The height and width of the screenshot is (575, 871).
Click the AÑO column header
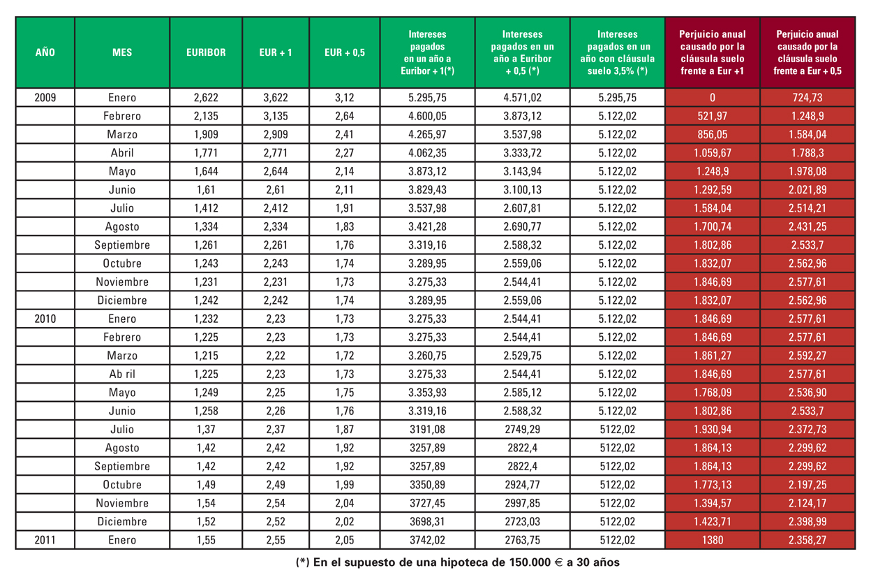point(45,52)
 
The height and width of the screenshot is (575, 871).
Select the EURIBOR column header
point(206,52)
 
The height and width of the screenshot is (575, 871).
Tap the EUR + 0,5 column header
point(345,52)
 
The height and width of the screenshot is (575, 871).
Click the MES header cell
point(122,52)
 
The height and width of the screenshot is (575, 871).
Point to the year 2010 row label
point(45,319)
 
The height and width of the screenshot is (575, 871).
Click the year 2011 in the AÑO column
point(45,539)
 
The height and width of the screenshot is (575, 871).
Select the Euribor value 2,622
point(206,98)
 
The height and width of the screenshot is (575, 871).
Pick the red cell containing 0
point(712,98)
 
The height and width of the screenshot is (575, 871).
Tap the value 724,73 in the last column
point(807,98)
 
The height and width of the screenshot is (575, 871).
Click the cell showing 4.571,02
point(522,98)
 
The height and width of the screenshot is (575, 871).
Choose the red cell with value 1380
point(712,539)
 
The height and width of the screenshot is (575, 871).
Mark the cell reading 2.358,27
point(807,539)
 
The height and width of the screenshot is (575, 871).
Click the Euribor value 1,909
point(206,135)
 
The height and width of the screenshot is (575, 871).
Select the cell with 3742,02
point(427,539)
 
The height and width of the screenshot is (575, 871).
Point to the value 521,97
point(712,116)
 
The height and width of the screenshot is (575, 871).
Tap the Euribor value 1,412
point(206,208)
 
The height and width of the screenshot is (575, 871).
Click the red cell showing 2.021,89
point(807,190)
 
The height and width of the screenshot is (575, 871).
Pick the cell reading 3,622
point(276,98)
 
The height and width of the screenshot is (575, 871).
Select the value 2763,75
point(522,539)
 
